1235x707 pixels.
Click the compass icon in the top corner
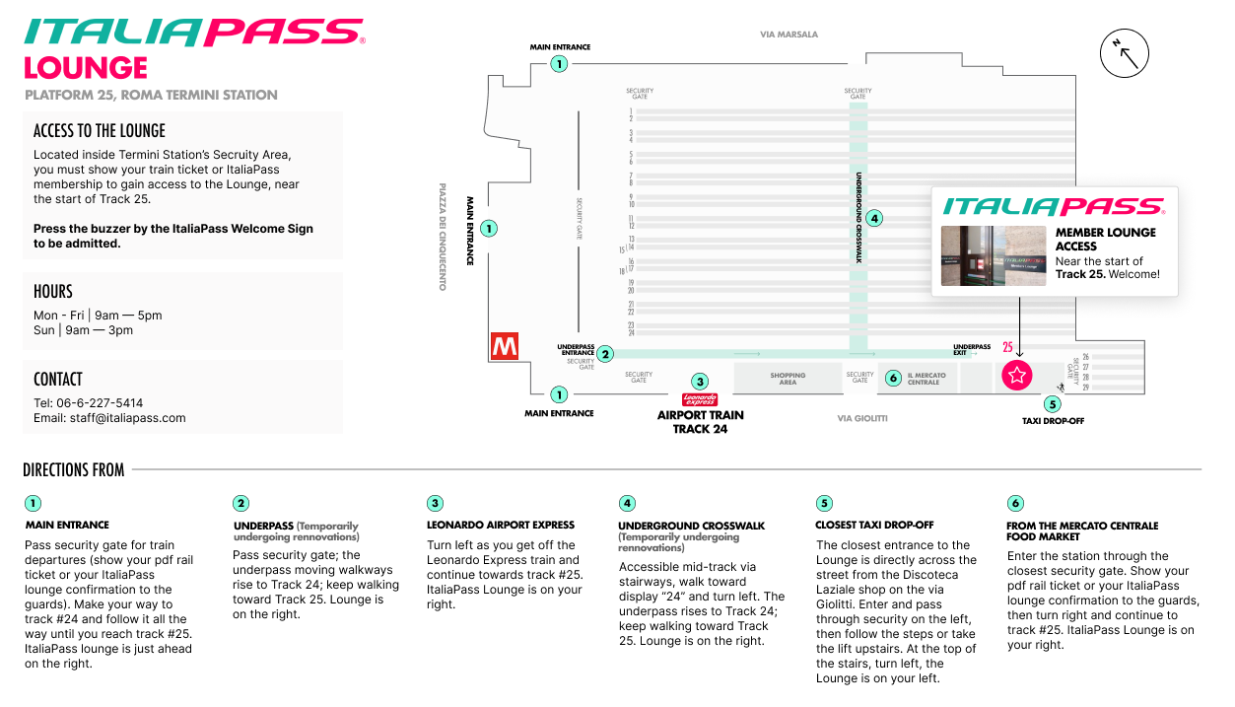coord(1124,54)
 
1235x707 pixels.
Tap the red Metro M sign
coord(505,346)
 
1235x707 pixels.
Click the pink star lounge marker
coord(1017,375)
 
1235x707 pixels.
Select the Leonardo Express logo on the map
coord(700,399)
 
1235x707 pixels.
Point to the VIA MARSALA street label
coord(789,35)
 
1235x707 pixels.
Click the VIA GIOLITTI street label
coord(862,418)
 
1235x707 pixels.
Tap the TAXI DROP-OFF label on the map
coord(1053,421)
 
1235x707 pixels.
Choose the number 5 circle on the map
coord(1053,403)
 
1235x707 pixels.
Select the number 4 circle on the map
coord(875,218)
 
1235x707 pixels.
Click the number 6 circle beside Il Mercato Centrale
coord(893,378)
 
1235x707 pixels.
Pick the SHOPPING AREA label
coord(788,379)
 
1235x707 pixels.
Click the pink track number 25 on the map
coord(1007,347)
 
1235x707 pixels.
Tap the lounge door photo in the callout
coord(993,256)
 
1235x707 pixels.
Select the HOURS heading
coord(53,292)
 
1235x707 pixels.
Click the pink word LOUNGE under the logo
coord(86,68)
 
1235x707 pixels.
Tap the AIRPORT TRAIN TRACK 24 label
coord(700,422)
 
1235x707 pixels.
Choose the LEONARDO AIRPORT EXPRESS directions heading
coord(500,526)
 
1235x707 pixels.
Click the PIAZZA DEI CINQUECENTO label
coord(444,236)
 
